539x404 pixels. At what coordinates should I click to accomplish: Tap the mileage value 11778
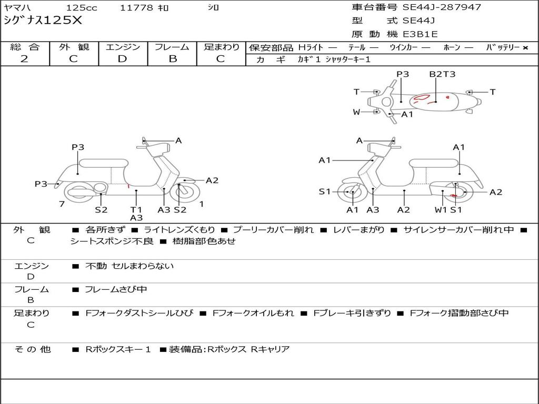(136, 8)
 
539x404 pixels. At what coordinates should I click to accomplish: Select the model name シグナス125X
(43, 21)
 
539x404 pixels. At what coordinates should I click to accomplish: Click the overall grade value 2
(24, 58)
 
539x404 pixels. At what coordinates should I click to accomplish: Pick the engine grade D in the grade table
(122, 58)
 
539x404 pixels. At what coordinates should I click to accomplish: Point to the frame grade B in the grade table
(172, 58)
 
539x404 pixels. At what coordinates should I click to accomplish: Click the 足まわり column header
(221, 47)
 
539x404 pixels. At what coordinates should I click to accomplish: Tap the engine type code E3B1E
(420, 34)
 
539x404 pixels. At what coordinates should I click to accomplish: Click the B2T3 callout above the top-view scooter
(442, 74)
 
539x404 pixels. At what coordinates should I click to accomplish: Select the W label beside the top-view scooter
(356, 112)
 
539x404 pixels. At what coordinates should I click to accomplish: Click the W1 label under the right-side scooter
(441, 210)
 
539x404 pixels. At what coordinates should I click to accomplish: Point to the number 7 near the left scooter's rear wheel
(62, 204)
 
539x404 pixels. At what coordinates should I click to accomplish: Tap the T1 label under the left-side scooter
(136, 210)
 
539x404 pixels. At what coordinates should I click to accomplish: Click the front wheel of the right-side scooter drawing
(352, 193)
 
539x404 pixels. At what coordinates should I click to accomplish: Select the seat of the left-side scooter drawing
(103, 163)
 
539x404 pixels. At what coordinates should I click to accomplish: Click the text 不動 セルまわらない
(129, 266)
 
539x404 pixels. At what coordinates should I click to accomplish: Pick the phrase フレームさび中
(116, 289)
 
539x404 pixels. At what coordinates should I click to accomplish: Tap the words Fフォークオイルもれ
(253, 313)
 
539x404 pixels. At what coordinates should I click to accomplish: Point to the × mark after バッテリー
(525, 47)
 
